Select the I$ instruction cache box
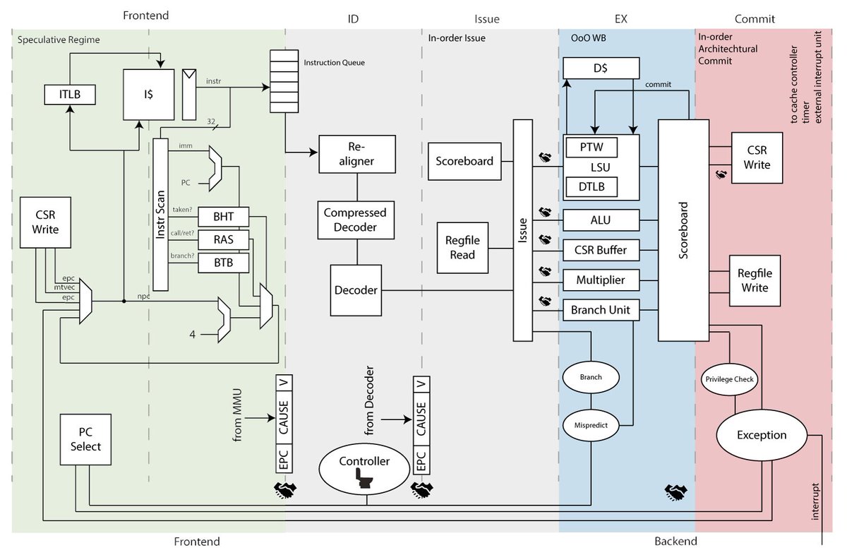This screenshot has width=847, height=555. pyautogui.click(x=149, y=94)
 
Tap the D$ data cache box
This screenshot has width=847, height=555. pyautogui.click(x=601, y=68)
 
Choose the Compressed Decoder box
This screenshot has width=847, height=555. pyautogui.click(x=356, y=219)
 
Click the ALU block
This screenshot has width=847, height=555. pyautogui.click(x=601, y=220)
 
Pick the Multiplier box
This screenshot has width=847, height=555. pyautogui.click(x=601, y=280)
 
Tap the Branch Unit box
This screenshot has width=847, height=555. pyautogui.click(x=601, y=310)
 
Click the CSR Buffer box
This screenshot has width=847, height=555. pyautogui.click(x=601, y=250)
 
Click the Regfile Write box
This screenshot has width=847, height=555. pyautogui.click(x=755, y=280)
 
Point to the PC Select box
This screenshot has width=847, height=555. pyautogui.click(x=85, y=439)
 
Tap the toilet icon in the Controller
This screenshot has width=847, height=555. pyautogui.click(x=366, y=479)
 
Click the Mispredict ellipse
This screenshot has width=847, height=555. pyautogui.click(x=591, y=425)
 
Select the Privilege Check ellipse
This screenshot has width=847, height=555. pyautogui.click(x=730, y=379)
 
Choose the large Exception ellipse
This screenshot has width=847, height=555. pyautogui.click(x=762, y=435)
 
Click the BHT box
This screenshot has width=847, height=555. pyautogui.click(x=223, y=217)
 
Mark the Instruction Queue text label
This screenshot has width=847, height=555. pyautogui.click(x=334, y=63)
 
